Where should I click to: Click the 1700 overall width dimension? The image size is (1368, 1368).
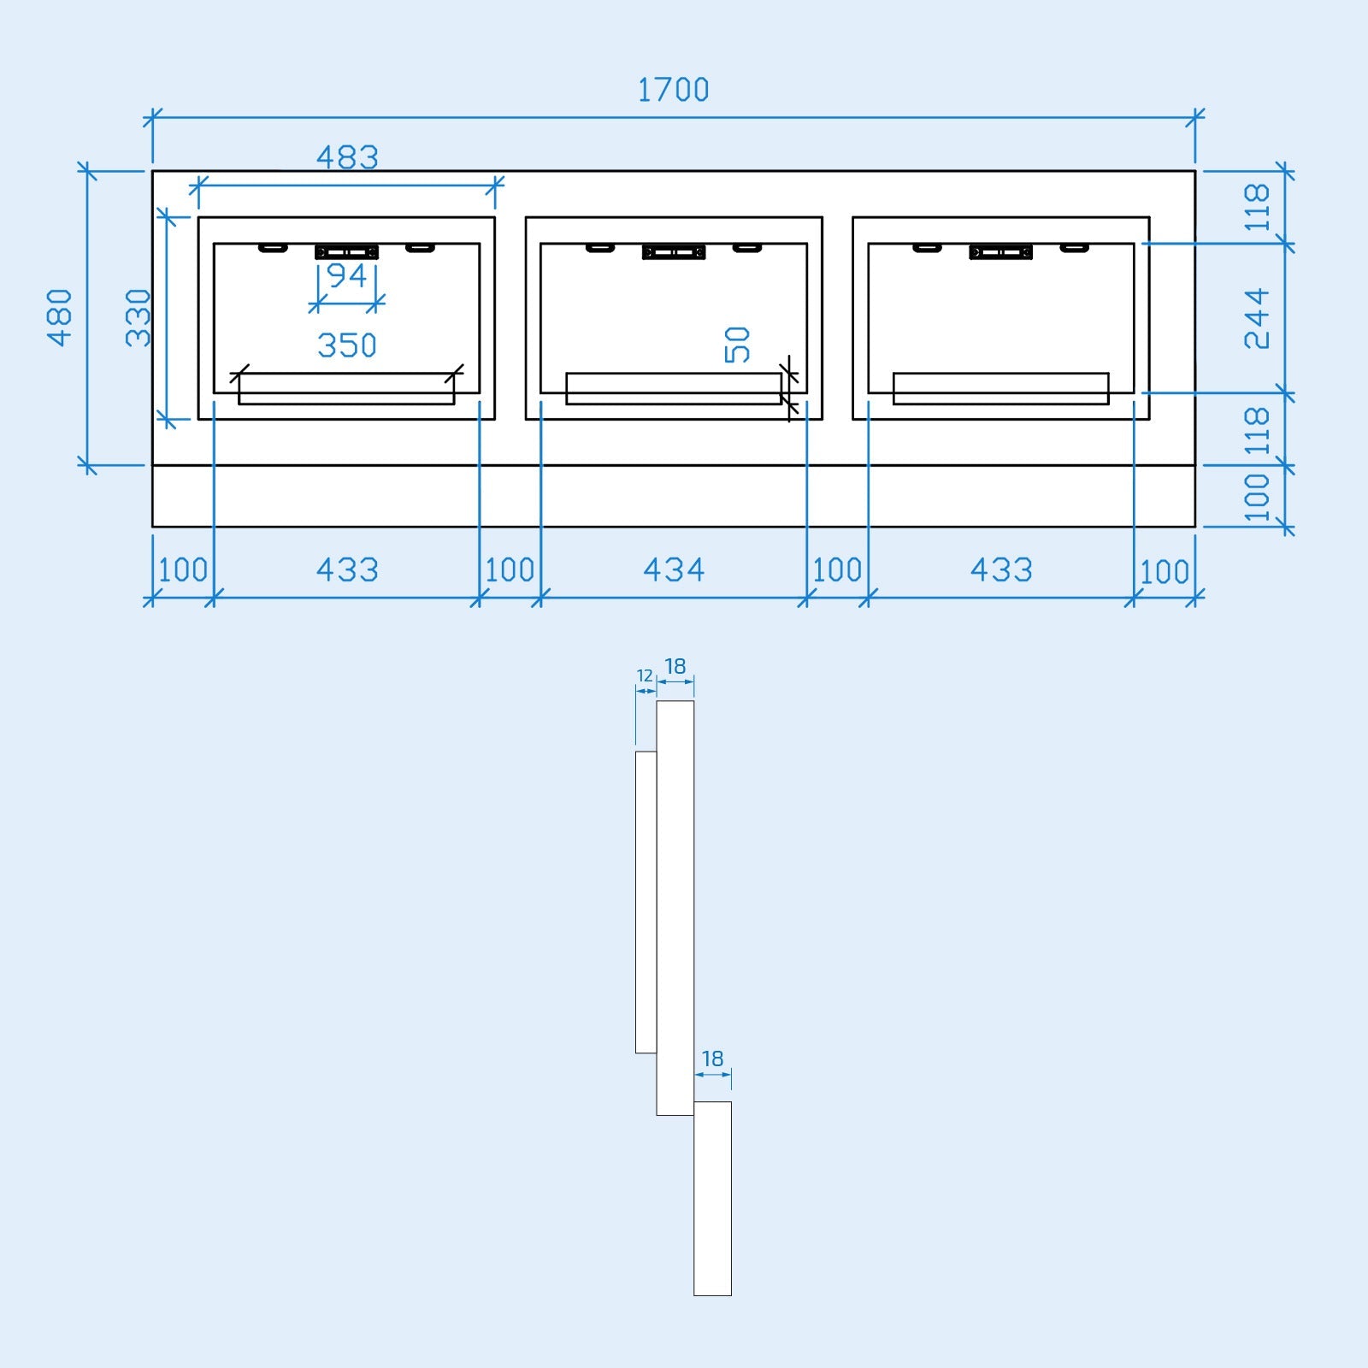674,90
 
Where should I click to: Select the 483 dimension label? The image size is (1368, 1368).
347,157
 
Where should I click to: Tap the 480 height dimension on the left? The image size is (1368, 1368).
60,317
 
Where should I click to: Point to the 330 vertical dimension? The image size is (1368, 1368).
139,317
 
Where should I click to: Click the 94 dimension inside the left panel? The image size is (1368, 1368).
347,276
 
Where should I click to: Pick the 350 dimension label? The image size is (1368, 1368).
347,345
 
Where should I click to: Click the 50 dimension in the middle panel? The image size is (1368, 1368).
737,345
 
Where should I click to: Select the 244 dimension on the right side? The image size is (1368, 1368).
1257,319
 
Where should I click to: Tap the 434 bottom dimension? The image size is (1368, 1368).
674,570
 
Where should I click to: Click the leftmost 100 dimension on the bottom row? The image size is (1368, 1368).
183,570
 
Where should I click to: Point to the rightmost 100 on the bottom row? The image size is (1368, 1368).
1165,572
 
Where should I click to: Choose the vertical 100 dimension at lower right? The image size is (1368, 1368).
1257,497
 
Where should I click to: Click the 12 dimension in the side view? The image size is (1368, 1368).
645,676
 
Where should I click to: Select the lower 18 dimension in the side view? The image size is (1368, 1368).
712,1059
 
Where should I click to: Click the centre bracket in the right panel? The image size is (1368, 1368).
1000,251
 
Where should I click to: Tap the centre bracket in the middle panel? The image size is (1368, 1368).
674,251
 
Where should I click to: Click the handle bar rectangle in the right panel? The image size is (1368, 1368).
1000,388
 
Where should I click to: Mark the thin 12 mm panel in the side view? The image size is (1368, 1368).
646,902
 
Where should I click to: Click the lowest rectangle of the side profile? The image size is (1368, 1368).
712,1199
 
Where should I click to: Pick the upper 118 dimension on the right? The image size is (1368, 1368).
1257,207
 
